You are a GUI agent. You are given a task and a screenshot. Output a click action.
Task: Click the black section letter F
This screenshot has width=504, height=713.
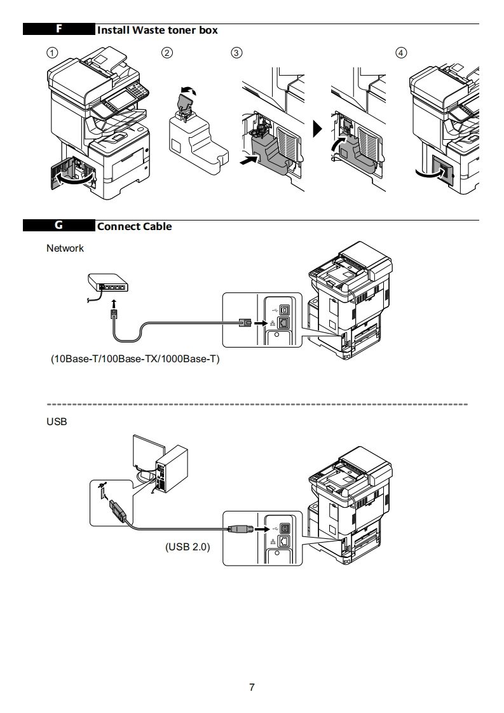coord(59,29)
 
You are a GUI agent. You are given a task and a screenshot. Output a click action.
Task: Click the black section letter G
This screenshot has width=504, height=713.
coord(58,225)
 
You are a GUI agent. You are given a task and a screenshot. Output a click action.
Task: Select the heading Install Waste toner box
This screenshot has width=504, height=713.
coord(158,30)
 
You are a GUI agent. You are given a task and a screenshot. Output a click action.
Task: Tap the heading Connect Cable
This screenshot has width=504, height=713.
coord(134,226)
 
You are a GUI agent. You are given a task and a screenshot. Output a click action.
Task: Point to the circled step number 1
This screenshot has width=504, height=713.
coord(52,53)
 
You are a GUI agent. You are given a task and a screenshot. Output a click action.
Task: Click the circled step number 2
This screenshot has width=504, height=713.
coord(167,53)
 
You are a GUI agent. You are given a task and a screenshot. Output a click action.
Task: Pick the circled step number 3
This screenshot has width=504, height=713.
coord(236,53)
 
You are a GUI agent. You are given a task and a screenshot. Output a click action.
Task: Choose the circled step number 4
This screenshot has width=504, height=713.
coord(401,53)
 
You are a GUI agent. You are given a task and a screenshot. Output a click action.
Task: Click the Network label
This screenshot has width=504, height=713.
coord(65,248)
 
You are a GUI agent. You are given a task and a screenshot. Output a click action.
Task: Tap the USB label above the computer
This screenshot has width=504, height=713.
coord(57,421)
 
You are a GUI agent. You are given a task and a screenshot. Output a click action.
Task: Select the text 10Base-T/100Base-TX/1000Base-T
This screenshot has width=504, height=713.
coord(135,359)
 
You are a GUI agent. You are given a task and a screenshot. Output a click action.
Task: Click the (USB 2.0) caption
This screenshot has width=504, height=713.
coord(187,547)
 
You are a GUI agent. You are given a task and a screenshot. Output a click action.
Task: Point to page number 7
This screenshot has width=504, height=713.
coord(252,687)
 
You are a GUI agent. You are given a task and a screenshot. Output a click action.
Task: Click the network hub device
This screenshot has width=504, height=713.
coord(108,283)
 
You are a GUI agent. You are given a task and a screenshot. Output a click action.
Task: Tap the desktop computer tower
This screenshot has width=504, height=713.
coord(172,469)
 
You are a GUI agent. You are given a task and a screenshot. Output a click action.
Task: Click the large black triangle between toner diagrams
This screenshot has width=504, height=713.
coord(318,129)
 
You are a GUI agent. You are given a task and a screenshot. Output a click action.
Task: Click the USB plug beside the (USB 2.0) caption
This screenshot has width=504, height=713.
coord(239,529)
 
